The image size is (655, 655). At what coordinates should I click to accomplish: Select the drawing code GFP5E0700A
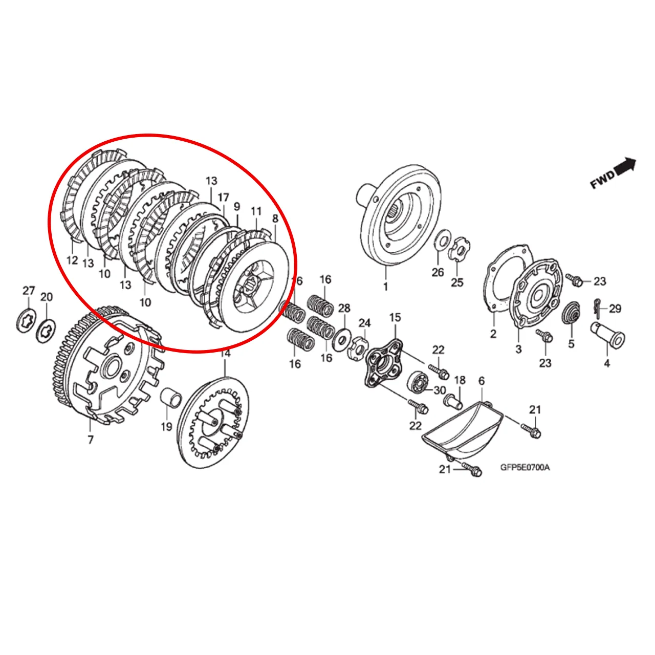525,467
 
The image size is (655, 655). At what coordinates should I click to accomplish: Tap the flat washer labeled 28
340,341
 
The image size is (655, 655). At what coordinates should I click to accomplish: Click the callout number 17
223,197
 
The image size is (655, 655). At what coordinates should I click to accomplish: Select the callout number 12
72,260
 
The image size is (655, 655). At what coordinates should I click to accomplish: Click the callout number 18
460,380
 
